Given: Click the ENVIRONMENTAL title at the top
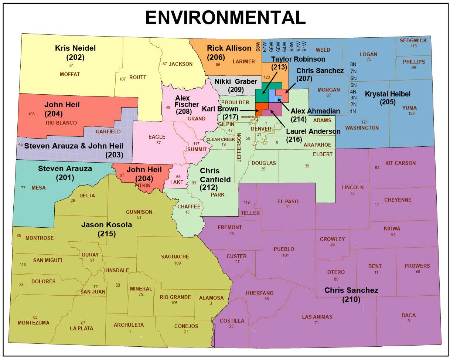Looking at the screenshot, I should coord(225,17).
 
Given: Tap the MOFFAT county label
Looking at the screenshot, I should coord(70,74).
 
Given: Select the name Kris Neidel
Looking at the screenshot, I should coord(75,48).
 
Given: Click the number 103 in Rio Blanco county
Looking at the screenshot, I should coord(31,114).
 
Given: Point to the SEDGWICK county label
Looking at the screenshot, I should coord(413,40).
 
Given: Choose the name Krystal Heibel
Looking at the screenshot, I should coord(388,94).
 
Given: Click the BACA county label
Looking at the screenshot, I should coord(409,315).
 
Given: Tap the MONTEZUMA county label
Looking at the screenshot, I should coord(33,323).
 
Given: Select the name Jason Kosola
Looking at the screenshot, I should coord(106,225).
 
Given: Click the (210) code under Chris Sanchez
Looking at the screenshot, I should coord(351,299).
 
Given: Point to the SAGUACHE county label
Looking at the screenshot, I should coord(175,257).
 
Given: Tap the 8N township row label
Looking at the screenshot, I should coord(353,64).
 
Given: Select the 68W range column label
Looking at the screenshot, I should coord(258,46).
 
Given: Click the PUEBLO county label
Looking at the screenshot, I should coord(284,249).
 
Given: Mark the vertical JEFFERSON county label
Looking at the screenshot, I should coord(239,148).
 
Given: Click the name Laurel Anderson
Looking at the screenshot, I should coord(313,131).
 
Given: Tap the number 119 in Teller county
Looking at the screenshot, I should coord(247,202).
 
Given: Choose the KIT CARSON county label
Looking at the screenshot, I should coord(400,163).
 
